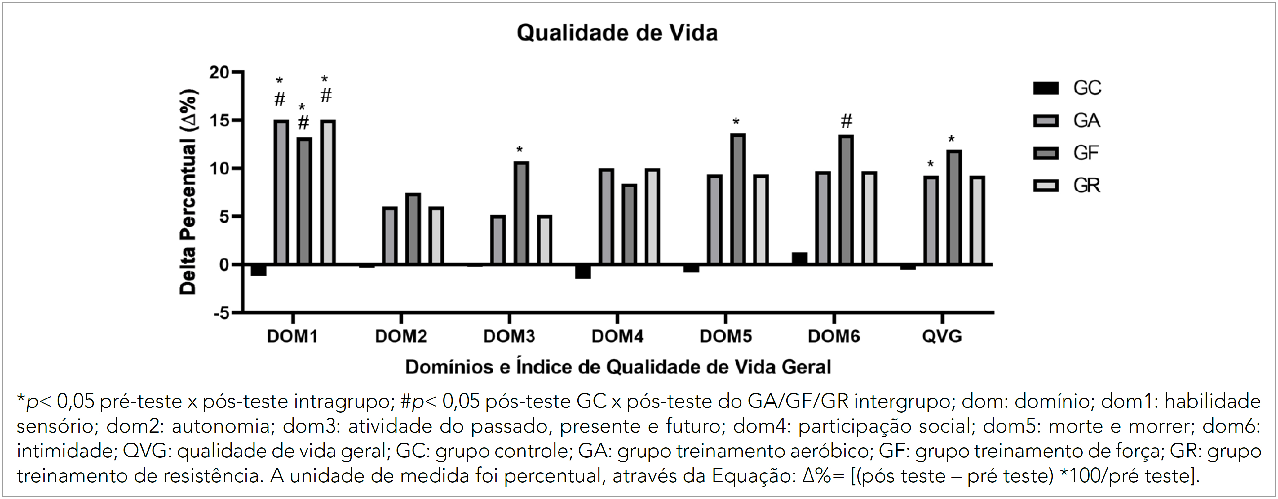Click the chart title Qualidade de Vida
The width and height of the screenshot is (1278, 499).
point(617,33)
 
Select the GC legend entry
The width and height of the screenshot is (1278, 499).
point(1067,88)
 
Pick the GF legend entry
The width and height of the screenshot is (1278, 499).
point(1067,153)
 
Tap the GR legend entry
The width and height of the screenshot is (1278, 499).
point(1067,186)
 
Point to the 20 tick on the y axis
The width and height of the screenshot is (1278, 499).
point(219,73)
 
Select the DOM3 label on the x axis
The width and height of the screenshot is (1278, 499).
point(509,337)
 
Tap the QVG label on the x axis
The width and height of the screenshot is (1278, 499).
point(942,337)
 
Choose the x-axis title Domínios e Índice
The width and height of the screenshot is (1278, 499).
point(618,367)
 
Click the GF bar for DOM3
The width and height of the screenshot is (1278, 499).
point(521,213)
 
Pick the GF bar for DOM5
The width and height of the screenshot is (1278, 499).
point(738,199)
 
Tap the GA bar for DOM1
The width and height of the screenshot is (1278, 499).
point(281,192)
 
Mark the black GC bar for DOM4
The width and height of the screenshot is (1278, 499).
point(583,272)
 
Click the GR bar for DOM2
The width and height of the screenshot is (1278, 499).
point(436,235)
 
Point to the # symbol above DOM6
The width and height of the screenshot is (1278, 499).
point(847,121)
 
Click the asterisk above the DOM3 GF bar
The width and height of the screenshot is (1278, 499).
point(520,150)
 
